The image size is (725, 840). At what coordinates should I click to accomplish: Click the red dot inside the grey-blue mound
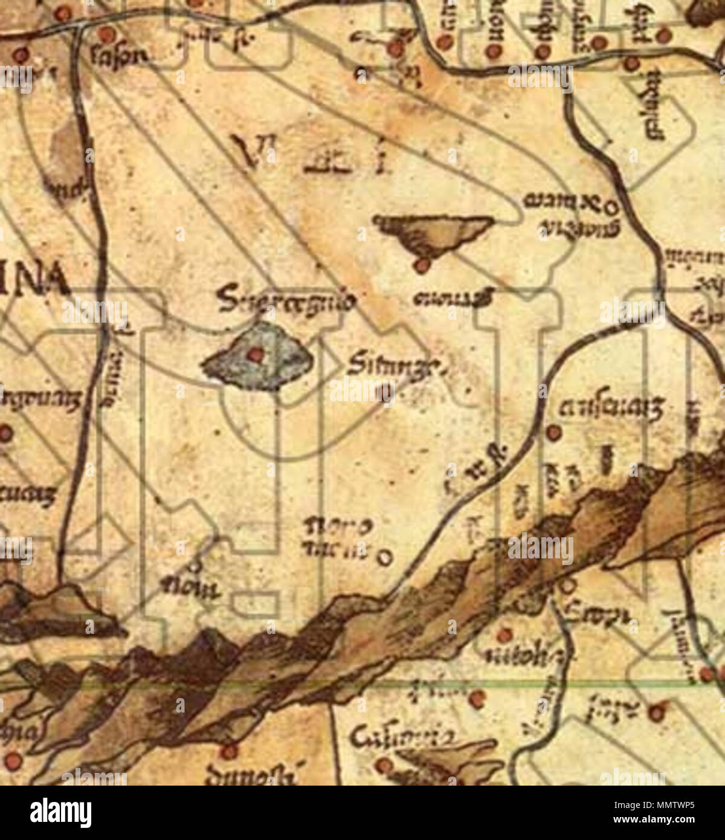(256, 355)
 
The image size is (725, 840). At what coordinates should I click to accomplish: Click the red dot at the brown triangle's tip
(422, 265)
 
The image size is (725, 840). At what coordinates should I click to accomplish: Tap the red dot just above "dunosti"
(228, 752)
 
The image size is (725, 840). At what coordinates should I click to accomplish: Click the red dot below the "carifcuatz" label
(553, 431)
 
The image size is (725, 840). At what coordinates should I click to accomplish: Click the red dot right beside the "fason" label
(106, 34)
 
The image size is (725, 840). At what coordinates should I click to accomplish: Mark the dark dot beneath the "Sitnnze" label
(384, 393)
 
